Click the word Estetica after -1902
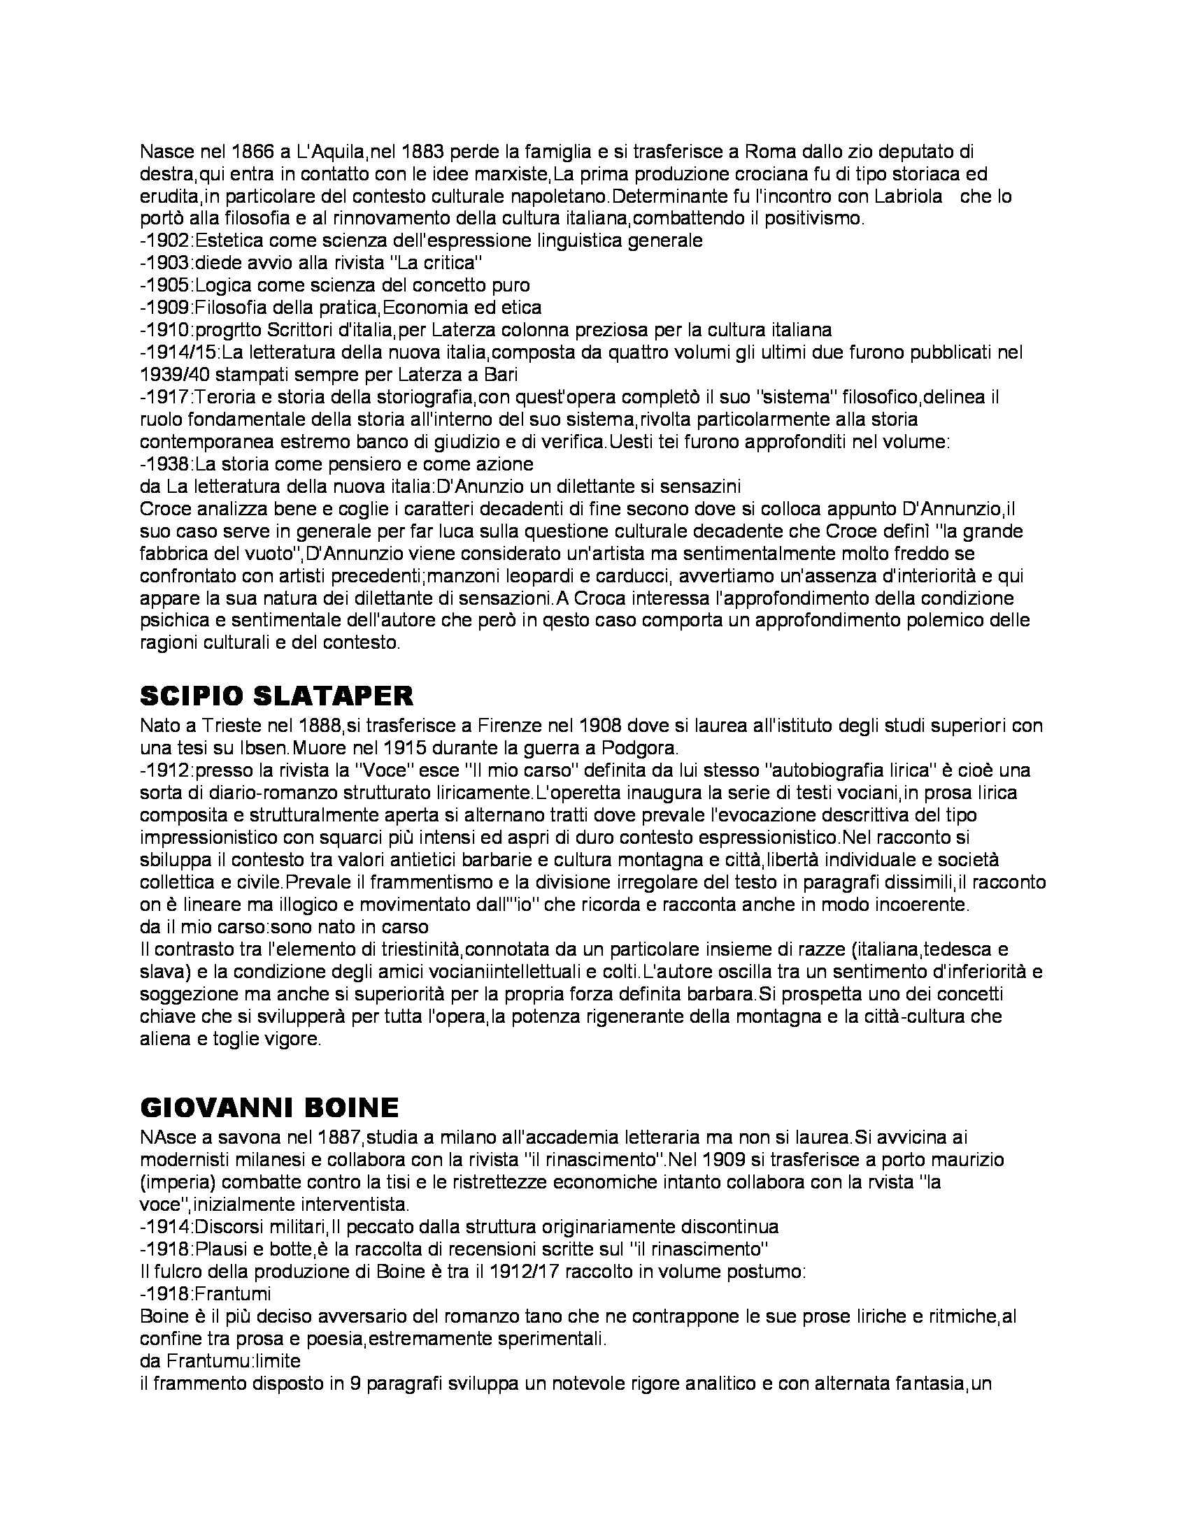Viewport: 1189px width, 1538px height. coord(225,240)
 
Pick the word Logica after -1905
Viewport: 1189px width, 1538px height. coord(220,285)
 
